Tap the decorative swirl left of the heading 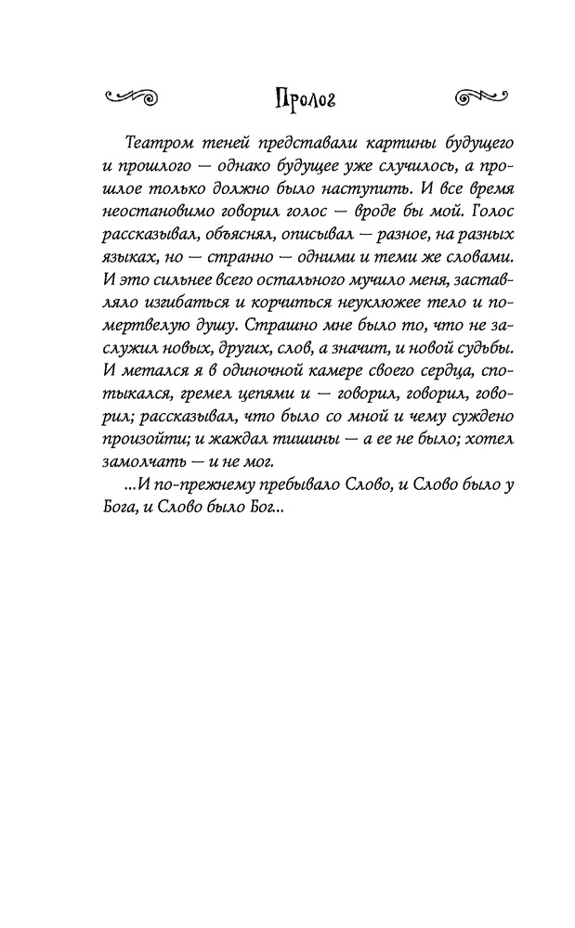[130, 95]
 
